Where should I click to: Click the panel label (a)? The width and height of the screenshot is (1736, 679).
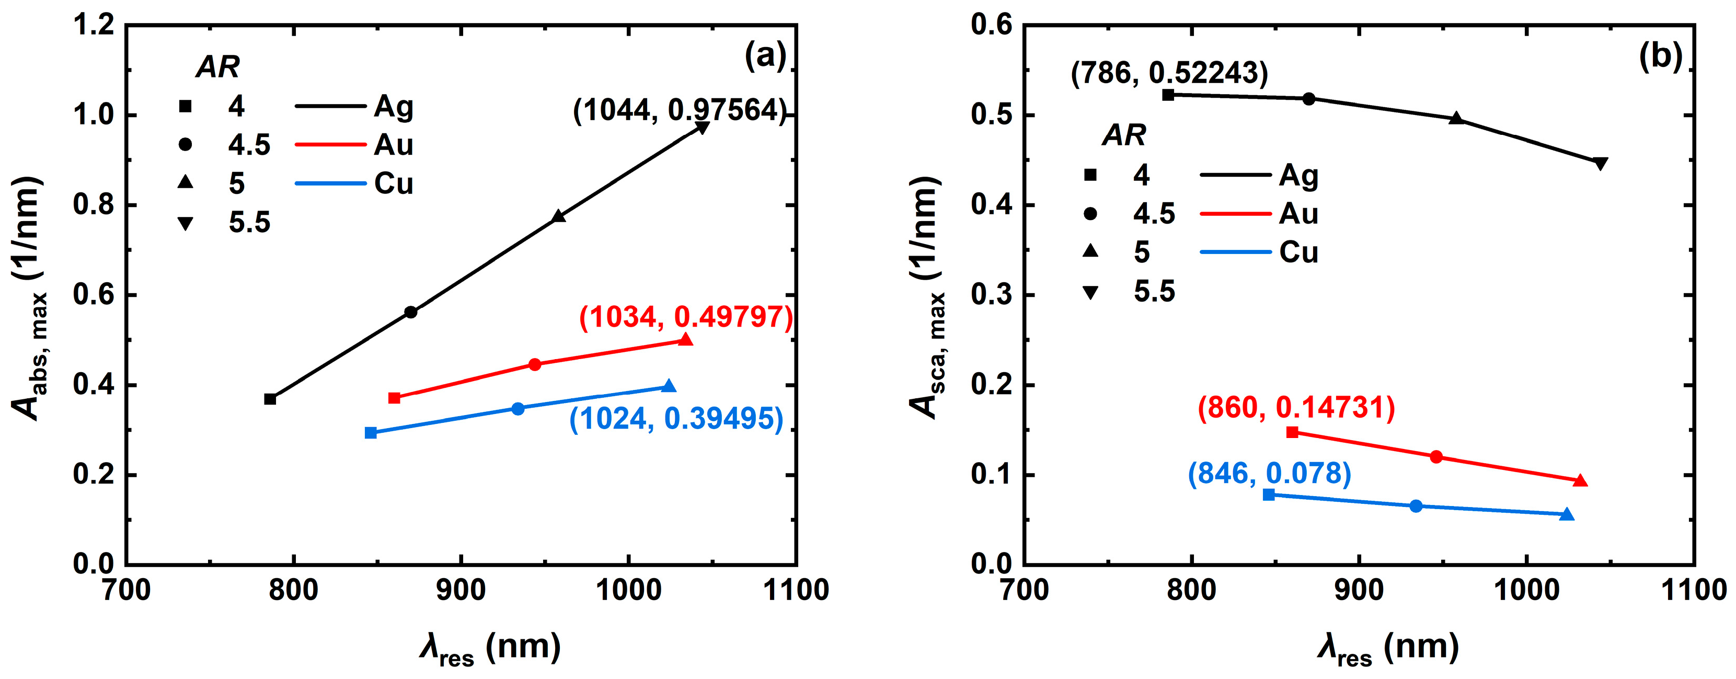(x=765, y=56)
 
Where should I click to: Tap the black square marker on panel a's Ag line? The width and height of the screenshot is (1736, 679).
(x=270, y=399)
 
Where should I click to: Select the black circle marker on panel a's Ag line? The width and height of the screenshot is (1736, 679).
(x=410, y=312)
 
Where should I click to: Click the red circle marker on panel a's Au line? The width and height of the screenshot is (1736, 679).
(x=534, y=364)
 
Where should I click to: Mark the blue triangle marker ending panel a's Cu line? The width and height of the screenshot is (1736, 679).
(x=669, y=386)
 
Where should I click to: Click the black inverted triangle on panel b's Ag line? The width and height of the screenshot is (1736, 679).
(x=1600, y=163)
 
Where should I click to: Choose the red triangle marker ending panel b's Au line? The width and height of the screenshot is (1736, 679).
(x=1580, y=480)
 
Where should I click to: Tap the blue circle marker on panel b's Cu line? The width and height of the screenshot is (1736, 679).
(x=1416, y=506)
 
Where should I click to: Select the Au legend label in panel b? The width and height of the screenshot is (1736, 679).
(x=1298, y=214)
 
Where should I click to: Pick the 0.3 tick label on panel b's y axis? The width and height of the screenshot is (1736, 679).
(x=991, y=295)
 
